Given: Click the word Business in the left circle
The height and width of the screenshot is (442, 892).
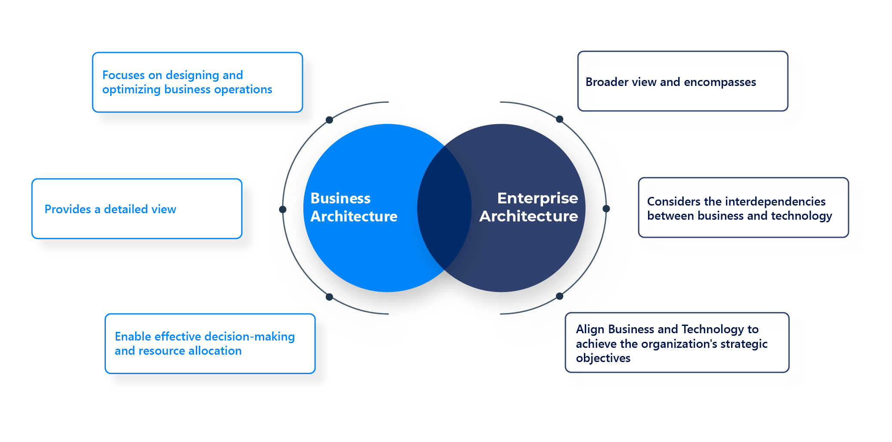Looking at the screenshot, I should (x=340, y=198).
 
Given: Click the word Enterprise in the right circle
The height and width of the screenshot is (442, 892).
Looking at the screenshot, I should (x=537, y=198).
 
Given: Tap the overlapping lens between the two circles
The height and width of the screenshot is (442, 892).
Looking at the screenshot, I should (x=444, y=209).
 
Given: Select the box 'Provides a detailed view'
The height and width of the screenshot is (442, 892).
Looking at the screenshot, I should (x=137, y=209).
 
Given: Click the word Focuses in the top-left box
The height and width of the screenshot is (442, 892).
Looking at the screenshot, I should (x=123, y=75).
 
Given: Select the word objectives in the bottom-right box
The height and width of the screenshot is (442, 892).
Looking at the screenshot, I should (x=603, y=358).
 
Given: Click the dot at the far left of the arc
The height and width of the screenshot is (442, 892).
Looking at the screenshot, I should (x=283, y=209).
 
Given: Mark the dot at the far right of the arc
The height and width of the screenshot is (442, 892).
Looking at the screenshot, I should (x=606, y=209).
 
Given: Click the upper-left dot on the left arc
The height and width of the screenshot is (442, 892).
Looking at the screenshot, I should (x=329, y=120).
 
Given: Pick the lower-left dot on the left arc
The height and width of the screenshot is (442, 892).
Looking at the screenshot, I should (x=329, y=297).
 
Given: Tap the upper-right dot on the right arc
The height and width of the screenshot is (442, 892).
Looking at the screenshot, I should (x=559, y=119).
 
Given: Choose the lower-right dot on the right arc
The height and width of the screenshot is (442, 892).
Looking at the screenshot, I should (x=559, y=296).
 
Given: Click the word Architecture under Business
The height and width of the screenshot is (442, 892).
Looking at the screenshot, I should (x=354, y=216).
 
